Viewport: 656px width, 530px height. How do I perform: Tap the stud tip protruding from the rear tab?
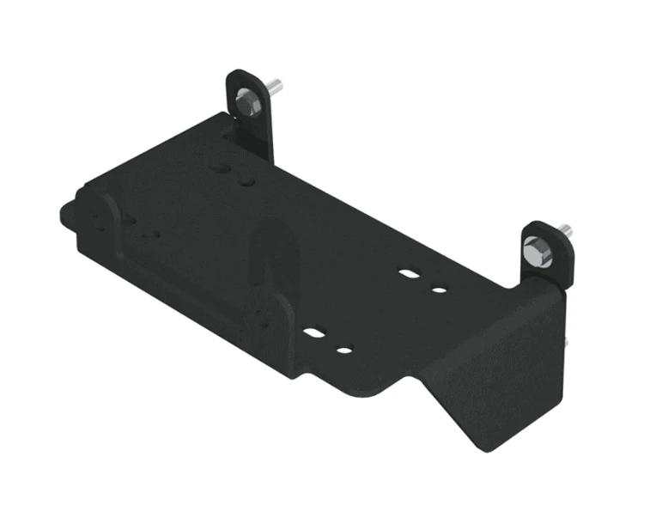(276, 86)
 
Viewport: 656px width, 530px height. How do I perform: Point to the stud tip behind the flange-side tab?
(566, 229)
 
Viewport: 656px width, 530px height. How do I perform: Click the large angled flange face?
(498, 361)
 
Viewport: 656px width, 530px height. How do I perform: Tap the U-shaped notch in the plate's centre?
(273, 258)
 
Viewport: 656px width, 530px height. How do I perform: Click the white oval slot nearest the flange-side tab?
(410, 274)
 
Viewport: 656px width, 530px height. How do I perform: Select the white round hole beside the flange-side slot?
(439, 289)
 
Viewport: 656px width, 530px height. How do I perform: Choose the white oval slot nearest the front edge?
(315, 331)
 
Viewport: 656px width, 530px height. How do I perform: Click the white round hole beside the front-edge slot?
(344, 350)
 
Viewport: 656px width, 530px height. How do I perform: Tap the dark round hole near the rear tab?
(246, 182)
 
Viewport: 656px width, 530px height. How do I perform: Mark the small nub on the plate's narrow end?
(67, 210)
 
